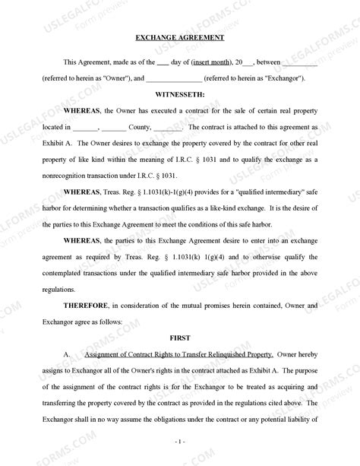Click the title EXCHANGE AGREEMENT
(179, 37)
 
